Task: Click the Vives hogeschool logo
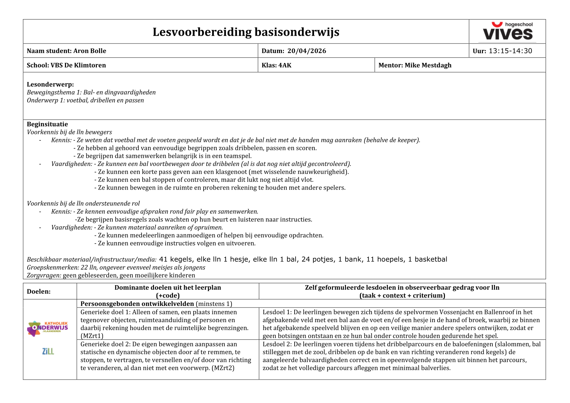[x=507, y=31]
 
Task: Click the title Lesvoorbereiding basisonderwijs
[x=246, y=32]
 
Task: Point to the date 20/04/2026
[x=307, y=51]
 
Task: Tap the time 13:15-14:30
[x=510, y=51]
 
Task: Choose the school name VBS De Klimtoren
[x=78, y=65]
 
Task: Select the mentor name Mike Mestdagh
[x=428, y=65]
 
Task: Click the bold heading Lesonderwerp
[x=50, y=84]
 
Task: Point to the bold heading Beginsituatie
[x=47, y=124]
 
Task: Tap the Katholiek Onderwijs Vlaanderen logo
[x=48, y=328]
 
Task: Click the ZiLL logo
[x=48, y=351]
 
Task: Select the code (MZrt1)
[x=92, y=336]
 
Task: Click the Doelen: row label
[x=39, y=292]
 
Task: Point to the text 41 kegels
[x=175, y=259]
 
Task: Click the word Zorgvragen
[x=44, y=275]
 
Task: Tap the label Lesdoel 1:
[x=277, y=312]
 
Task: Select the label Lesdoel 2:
[x=277, y=344]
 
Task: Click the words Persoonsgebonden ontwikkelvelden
[x=137, y=304]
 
